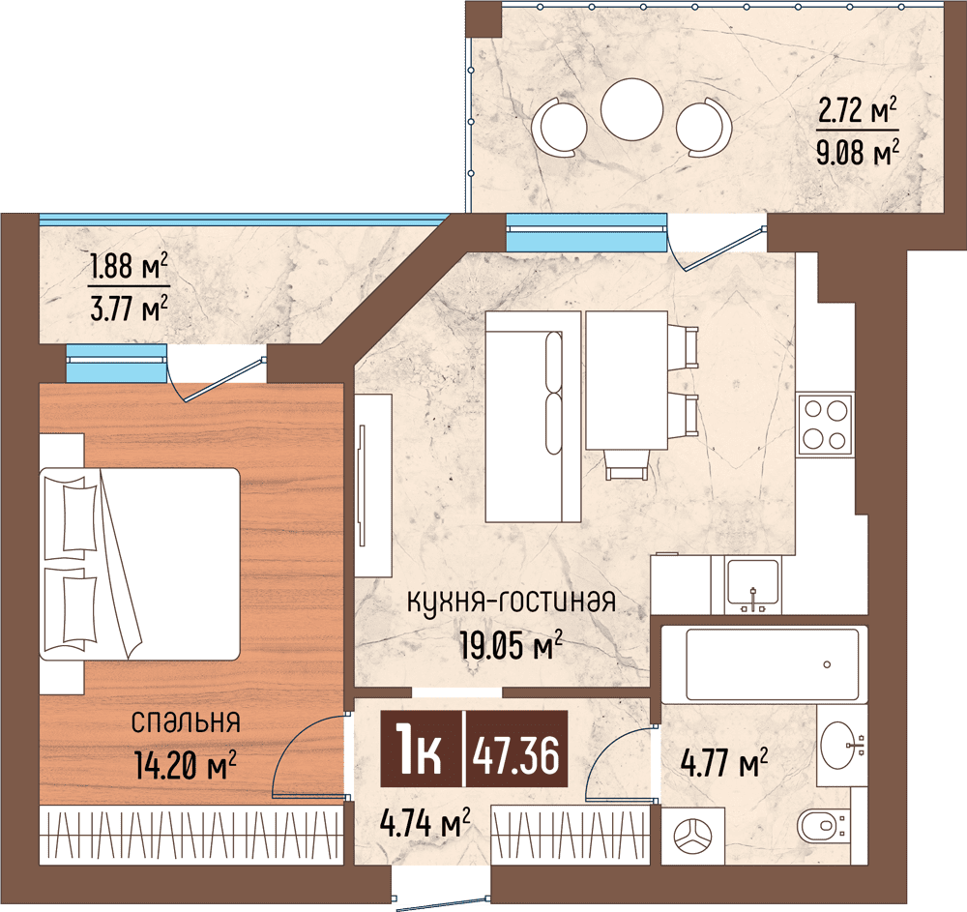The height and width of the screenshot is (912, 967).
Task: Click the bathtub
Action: point(773,664)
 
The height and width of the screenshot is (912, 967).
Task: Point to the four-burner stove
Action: point(825,424)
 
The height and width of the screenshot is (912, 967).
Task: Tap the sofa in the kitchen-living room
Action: point(532,416)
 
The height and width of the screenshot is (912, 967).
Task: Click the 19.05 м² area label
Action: point(512,646)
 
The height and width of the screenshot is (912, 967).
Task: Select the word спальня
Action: point(185,721)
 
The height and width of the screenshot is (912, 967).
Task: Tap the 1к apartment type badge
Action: point(419,755)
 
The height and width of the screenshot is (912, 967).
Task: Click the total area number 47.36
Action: point(514,755)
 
